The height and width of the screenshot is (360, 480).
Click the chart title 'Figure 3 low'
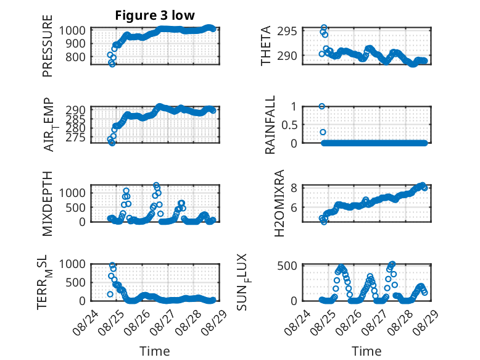pos(155,15)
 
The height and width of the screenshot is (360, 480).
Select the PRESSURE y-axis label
pos(48,46)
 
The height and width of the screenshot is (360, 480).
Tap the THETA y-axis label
pos(266,46)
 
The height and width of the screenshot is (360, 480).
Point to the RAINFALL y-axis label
pos(270,125)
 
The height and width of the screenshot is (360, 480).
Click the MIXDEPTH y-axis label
pos(48,203)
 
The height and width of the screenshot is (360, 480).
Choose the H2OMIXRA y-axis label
pos(279,203)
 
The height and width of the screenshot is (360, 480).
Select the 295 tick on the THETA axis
pos(287,31)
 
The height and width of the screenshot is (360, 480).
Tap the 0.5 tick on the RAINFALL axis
pos(289,125)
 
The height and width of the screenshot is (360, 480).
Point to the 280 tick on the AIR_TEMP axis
pos(76,128)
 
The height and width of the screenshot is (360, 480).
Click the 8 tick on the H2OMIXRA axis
pos(294,188)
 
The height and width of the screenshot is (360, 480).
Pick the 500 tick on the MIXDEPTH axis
pos(76,207)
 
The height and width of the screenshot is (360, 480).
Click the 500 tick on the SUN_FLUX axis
pos(287,266)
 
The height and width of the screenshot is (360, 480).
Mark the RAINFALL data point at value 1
pos(321,106)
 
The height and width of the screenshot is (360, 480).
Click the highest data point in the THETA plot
pos(324,28)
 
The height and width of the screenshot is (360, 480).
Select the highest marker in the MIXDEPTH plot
pos(156,185)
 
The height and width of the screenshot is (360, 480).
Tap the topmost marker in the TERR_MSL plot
pos(112,265)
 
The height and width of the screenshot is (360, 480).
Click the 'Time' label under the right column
pos(366,351)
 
